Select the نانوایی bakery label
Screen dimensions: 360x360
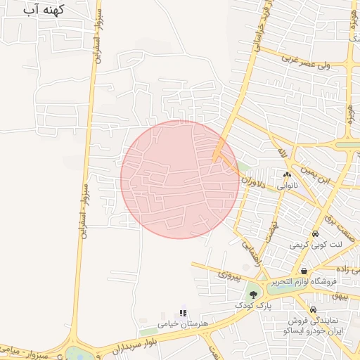[x=287, y=187]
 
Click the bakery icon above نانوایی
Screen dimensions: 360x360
[x=287, y=175]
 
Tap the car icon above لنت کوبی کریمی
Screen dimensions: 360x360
[x=315, y=234]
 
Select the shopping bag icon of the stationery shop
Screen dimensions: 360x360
[x=304, y=271]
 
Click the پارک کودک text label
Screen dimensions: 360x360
[x=253, y=307]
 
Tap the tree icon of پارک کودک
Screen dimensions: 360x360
[x=253, y=295]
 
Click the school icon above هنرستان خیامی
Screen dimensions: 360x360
[x=183, y=313]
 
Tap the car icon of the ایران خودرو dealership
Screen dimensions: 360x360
[x=313, y=310]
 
